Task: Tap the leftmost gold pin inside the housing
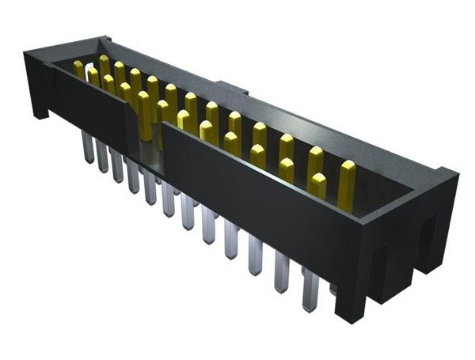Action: (78, 69)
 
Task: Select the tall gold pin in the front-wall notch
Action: (146, 115)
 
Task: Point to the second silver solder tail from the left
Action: (102, 156)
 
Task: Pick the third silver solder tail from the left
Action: (117, 166)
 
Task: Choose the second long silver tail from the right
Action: (281, 273)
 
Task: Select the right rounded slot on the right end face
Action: (425, 237)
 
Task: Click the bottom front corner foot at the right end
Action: (349, 313)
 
